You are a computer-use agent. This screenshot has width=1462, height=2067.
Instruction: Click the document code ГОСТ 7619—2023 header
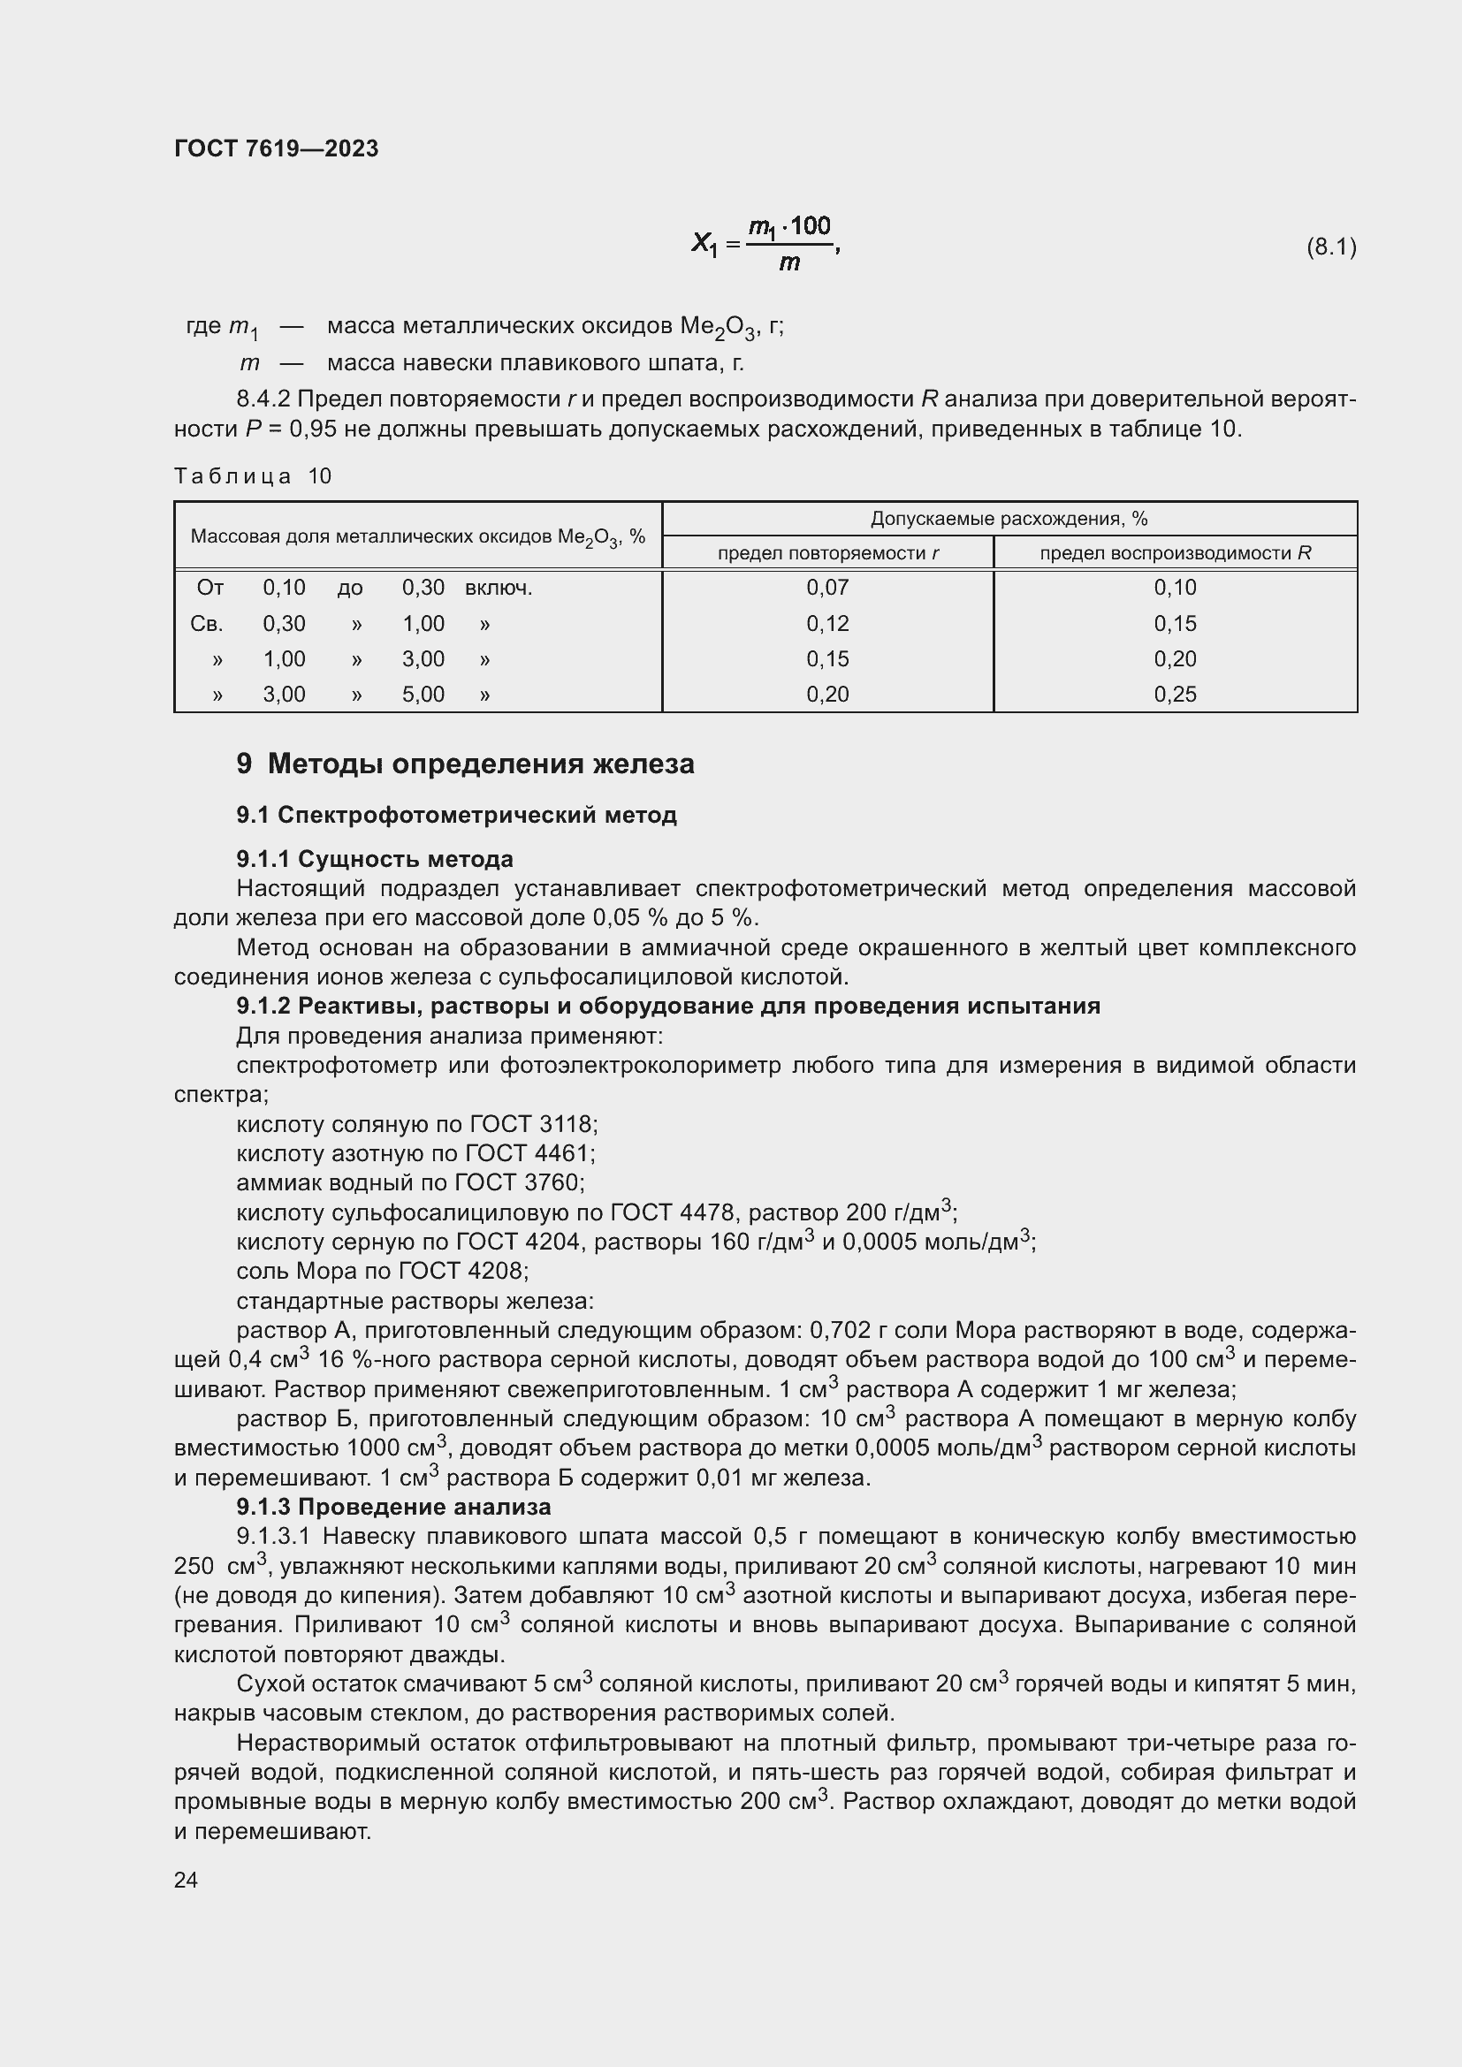277,148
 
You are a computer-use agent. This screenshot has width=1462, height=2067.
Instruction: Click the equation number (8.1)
1330,247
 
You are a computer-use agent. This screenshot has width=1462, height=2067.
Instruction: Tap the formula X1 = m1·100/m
765,244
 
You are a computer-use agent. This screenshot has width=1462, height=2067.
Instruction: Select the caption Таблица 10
253,476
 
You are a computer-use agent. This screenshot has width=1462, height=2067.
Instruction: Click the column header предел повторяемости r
827,552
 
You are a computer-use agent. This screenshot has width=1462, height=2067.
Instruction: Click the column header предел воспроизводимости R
1175,552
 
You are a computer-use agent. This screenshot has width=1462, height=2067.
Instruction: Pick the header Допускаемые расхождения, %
1009,519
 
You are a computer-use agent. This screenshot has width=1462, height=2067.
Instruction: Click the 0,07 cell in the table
827,588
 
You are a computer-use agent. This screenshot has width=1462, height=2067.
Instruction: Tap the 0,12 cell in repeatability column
827,624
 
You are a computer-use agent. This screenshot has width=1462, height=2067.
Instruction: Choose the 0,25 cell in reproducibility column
1175,694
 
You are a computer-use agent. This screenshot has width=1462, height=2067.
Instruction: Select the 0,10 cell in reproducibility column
1175,588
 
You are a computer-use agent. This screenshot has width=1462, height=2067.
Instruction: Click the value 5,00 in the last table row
423,694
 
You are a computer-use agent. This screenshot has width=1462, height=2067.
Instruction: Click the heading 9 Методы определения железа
466,764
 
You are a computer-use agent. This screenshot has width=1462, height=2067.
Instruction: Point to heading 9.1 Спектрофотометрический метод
456,815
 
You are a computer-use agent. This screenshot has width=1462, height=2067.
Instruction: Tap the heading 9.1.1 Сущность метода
375,859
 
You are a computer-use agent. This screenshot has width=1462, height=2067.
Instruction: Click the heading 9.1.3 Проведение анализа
393,1506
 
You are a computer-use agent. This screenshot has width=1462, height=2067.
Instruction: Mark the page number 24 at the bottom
186,1880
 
